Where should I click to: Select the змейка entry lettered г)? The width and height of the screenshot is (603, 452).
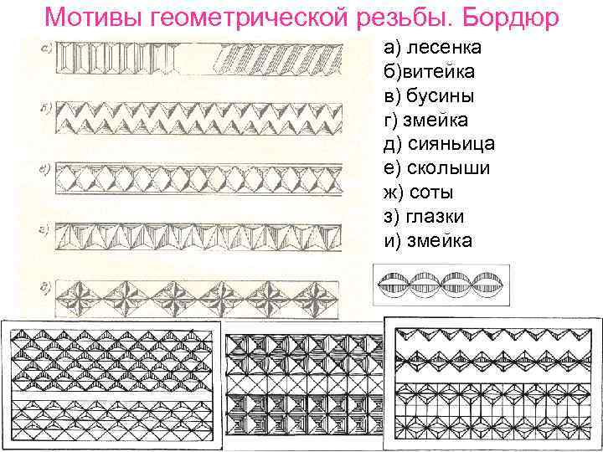click(x=425, y=121)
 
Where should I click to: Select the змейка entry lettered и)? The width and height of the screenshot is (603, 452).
click(x=427, y=241)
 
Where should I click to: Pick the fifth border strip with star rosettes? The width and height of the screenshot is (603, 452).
click(x=198, y=297)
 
